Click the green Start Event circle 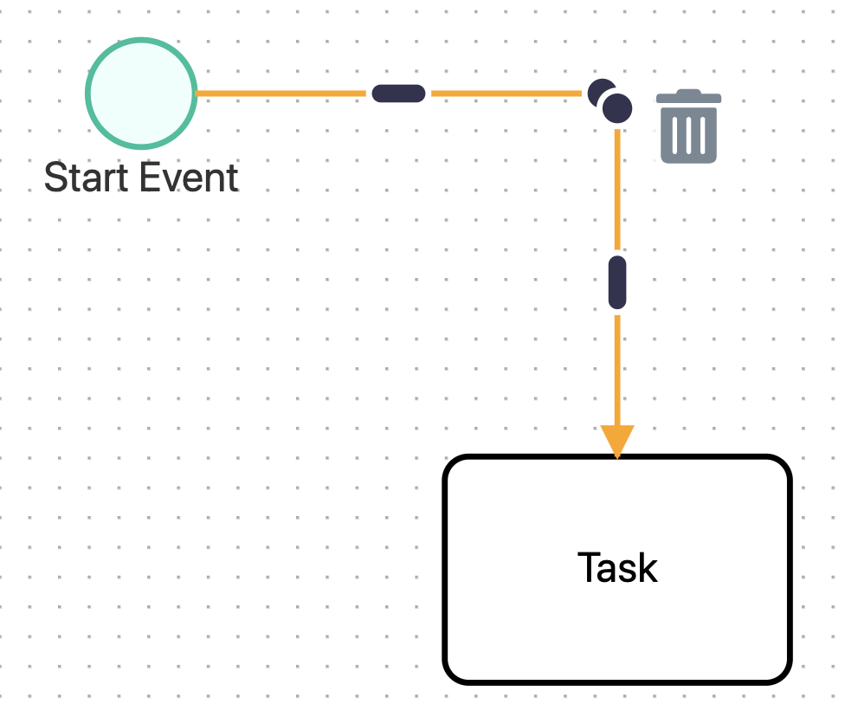click(x=141, y=94)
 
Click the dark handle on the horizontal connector click(x=398, y=94)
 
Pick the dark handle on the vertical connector click(x=617, y=282)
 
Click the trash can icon click(x=688, y=127)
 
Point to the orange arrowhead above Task click(x=617, y=440)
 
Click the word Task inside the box click(x=617, y=569)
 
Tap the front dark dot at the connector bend click(x=617, y=108)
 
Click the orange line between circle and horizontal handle click(x=281, y=94)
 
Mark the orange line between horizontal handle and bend click(x=506, y=94)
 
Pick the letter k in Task click(x=647, y=569)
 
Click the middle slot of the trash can click(x=688, y=134)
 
